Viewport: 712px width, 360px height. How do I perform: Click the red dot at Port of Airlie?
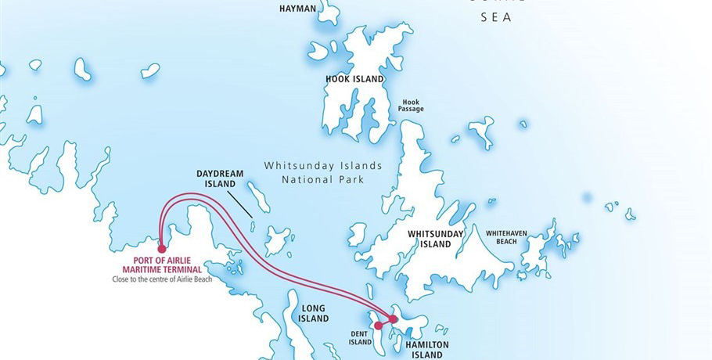(161, 250)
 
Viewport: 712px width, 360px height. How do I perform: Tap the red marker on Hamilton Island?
(393, 319)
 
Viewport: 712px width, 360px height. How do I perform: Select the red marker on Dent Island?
(379, 325)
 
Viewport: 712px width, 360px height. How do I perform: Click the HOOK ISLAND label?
(354, 79)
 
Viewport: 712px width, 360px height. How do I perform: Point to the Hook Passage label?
(411, 105)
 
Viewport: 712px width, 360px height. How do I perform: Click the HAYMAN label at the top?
(297, 9)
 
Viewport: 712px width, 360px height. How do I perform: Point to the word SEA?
(494, 16)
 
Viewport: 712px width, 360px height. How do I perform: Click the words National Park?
(322, 179)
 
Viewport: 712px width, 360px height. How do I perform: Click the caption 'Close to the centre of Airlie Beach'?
(162, 278)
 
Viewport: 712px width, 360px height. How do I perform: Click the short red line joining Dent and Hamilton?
(386, 322)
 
